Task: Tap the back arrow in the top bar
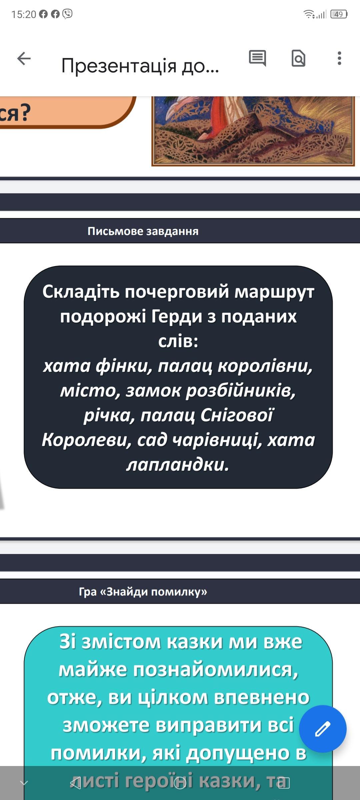24,59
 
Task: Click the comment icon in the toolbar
257,58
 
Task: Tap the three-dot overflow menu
339,58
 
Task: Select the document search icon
298,58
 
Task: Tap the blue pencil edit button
323,729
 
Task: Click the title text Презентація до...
140,66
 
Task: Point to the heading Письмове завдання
143,231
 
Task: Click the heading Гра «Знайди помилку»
143,591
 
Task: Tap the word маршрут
274,292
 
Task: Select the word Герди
177,317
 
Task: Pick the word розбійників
241,391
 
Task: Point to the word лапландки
178,464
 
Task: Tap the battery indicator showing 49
339,14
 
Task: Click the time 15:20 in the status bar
24,14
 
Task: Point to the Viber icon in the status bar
67,14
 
